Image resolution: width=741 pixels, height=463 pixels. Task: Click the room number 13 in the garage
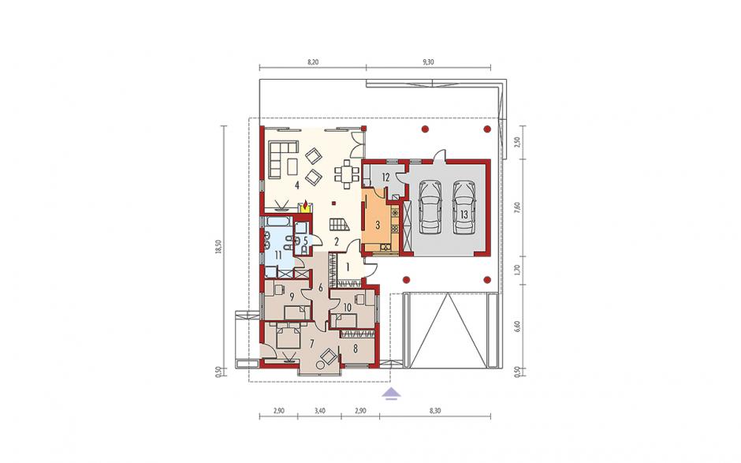point(464,215)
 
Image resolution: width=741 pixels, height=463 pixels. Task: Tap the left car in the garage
point(430,207)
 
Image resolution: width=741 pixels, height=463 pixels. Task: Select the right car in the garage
point(464,207)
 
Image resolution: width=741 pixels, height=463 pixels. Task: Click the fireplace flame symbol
point(305,206)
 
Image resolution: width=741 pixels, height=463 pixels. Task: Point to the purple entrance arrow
point(391,394)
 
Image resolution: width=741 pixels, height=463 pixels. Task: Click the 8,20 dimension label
point(313,62)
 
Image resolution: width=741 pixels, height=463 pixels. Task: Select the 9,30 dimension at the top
point(428,62)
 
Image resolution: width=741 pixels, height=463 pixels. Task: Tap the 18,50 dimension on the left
point(218,246)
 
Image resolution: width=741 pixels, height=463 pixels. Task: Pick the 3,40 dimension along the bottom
point(319,411)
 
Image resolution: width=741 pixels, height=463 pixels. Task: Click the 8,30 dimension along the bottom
point(435,411)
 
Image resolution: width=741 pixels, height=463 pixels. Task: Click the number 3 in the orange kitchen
point(378,225)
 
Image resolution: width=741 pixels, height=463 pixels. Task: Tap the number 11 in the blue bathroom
point(278,256)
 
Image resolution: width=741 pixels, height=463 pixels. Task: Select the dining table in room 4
point(348,174)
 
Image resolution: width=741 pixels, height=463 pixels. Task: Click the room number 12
point(385,177)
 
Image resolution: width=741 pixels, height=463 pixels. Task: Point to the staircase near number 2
point(339,224)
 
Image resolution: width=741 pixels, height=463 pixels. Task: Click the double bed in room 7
point(289,336)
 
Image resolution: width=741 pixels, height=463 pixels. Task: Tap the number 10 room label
point(348,308)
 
